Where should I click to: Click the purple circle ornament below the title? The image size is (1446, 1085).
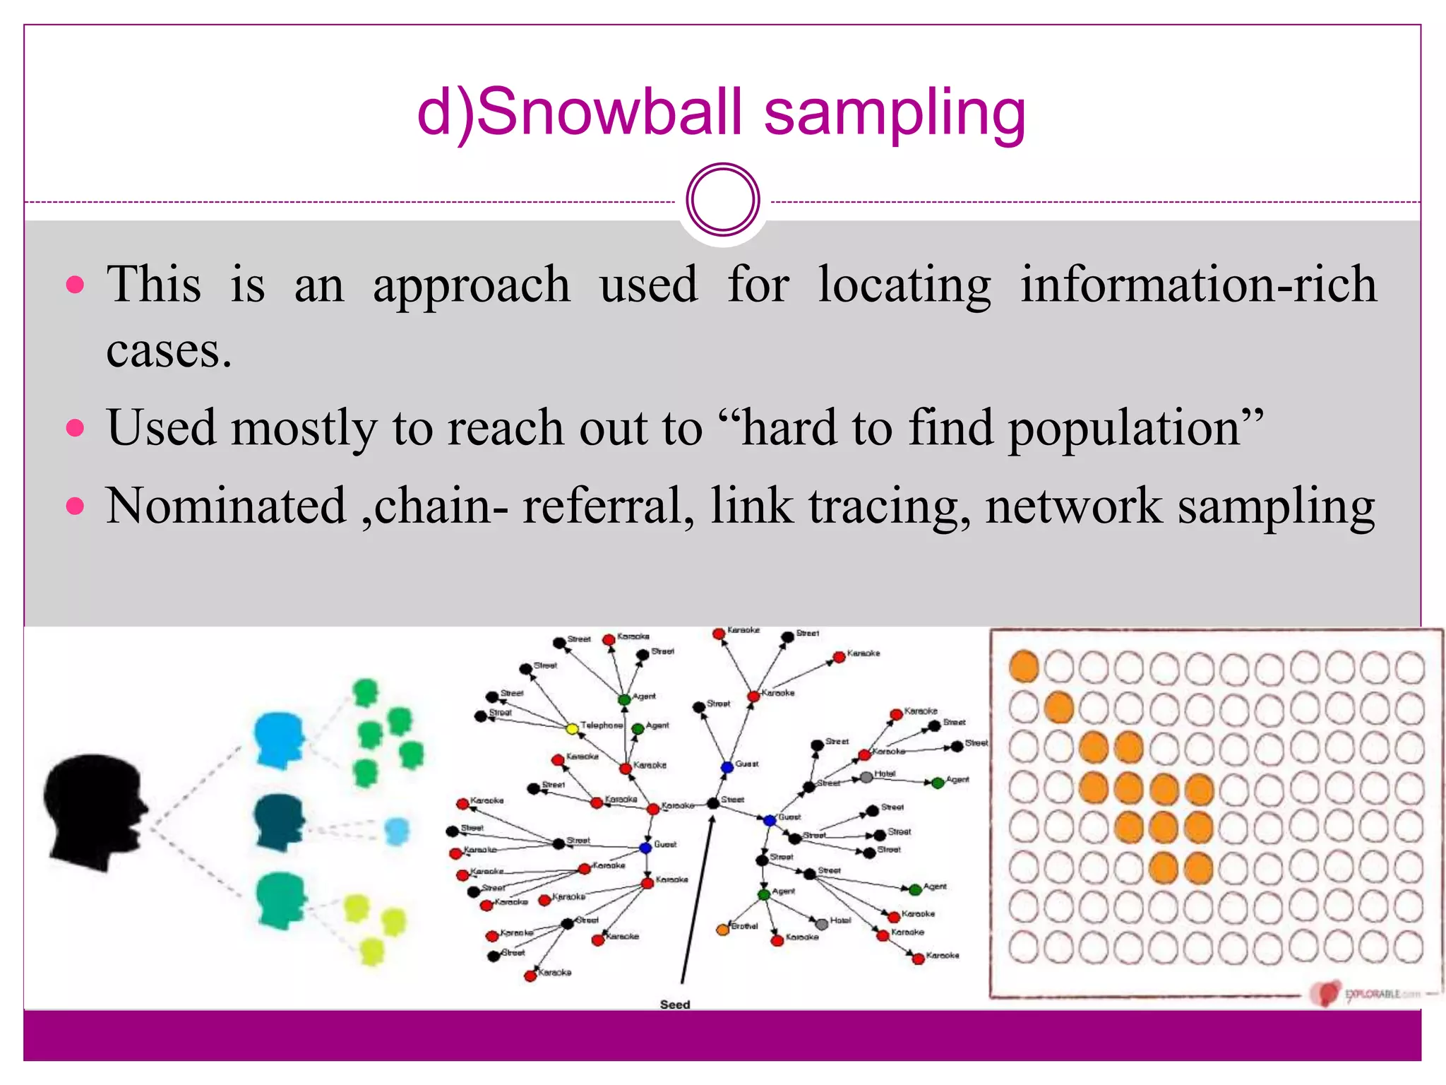[x=722, y=200]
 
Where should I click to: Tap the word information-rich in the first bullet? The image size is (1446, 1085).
[x=1198, y=284]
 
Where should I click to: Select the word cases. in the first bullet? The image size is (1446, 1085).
[x=169, y=350]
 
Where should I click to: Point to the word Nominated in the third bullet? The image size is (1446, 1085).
[x=226, y=506]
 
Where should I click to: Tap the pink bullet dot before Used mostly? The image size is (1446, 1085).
[x=75, y=428]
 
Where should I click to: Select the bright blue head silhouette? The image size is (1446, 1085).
[x=280, y=740]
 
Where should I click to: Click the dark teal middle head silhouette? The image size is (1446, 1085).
[x=280, y=822]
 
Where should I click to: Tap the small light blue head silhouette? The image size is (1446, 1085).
[x=397, y=831]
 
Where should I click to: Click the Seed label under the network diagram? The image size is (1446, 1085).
[x=674, y=1004]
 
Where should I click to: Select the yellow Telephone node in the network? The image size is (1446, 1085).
[x=573, y=728]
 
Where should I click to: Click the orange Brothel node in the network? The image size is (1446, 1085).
[x=722, y=930]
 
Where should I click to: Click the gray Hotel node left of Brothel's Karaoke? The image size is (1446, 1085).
[x=821, y=924]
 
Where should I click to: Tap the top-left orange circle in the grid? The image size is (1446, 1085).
[x=1024, y=666]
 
